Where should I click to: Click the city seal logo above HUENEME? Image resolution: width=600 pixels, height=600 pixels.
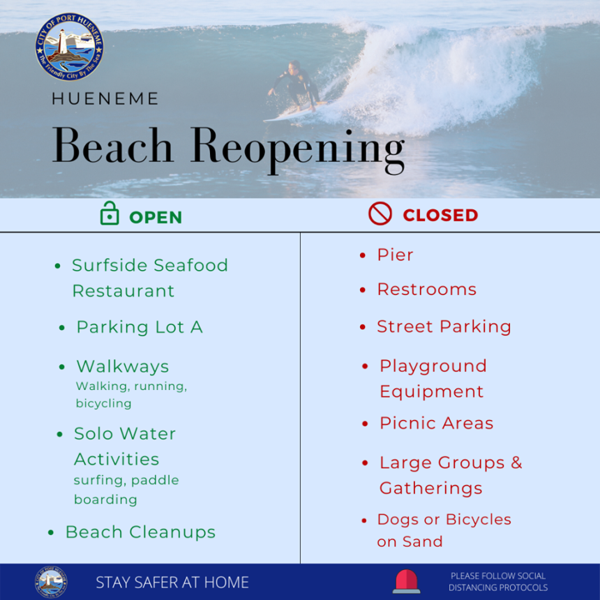coord(69,47)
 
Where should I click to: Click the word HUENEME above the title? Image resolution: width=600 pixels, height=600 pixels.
coord(105,99)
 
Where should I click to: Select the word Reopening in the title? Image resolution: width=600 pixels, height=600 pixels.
coord(298,149)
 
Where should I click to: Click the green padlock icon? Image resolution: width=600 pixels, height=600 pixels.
coord(110,213)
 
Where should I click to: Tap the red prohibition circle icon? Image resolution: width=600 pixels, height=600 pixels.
coord(380,213)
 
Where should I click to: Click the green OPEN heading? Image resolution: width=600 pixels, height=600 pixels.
coord(156,218)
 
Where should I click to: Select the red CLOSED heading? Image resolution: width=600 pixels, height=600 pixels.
coord(440,215)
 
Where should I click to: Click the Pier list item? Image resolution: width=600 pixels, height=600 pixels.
coord(396,255)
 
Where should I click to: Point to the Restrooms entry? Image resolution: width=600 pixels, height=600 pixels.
coord(427,290)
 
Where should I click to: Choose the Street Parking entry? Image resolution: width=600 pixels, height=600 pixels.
coord(444,327)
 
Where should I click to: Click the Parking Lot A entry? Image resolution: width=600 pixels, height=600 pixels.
coord(140,327)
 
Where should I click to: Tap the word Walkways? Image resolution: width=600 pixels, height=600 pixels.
coord(123,366)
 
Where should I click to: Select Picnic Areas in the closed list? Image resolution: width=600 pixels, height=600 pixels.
coord(436,423)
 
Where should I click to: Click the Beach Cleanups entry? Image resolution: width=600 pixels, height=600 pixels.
coord(140,532)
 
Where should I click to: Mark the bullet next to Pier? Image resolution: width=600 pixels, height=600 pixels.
coord(363,255)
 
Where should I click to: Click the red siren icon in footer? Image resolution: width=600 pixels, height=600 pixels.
coord(406,582)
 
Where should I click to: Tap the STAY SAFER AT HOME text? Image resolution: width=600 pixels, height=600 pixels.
coord(172,583)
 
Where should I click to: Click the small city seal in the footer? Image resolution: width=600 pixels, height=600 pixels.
coord(51,582)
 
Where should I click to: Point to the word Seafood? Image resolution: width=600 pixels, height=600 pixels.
coord(190,266)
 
